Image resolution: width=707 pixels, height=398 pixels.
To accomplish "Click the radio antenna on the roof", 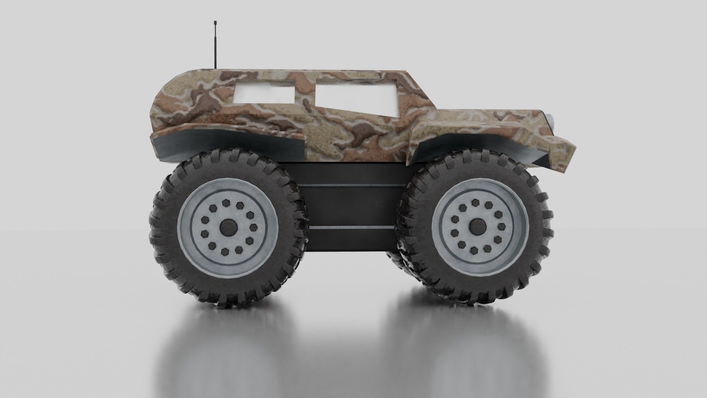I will pos(214,48).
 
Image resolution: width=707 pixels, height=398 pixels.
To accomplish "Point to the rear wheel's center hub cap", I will pos(228,228).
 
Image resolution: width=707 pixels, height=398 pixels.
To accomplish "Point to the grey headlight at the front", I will pos(551,120).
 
